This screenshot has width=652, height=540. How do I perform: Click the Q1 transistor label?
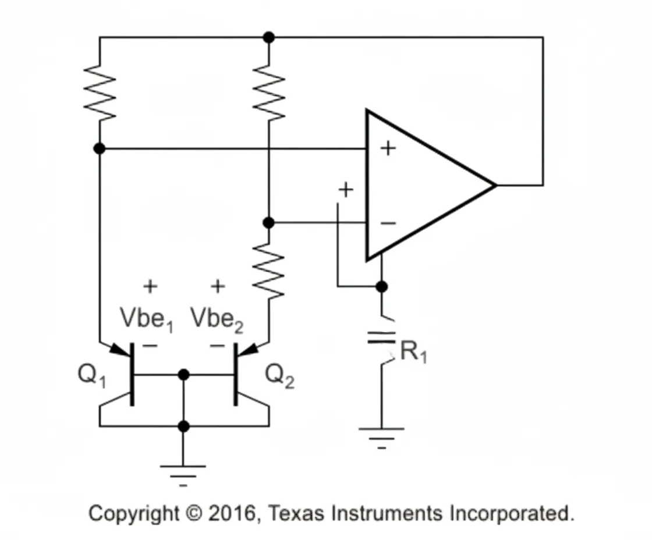tap(92, 376)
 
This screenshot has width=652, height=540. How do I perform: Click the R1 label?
tap(413, 351)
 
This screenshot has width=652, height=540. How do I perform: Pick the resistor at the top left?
tap(100, 91)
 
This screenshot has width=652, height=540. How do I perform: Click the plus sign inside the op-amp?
tap(388, 148)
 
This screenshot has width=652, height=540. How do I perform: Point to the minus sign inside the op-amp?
tap(388, 223)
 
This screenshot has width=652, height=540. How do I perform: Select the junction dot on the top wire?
tap(268, 37)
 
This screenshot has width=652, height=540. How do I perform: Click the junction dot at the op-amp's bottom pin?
tap(381, 286)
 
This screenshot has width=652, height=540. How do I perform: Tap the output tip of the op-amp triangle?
tap(495, 186)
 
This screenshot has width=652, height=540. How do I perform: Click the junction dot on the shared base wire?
tap(183, 375)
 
